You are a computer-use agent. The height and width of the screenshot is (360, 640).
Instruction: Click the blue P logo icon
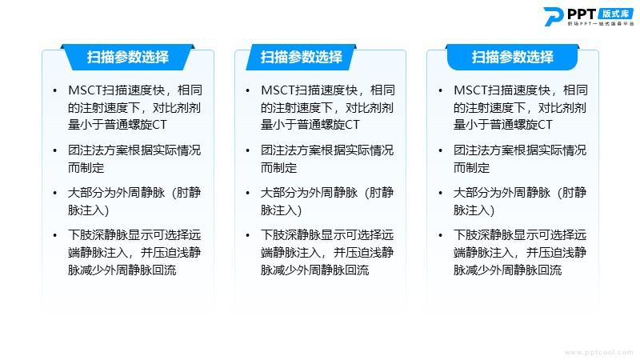pos(553,16)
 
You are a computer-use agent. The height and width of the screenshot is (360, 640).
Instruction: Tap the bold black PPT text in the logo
pos(582,14)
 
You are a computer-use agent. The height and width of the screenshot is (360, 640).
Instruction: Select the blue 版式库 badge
pos(616,14)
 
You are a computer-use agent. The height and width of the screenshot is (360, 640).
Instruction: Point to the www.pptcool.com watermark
pos(598,352)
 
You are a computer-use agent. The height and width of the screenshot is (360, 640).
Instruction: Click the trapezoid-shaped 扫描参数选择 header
pos(128,57)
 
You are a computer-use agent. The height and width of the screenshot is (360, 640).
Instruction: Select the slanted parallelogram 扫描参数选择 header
pos(302,57)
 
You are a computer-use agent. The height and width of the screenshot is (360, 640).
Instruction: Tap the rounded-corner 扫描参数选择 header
pos(513,57)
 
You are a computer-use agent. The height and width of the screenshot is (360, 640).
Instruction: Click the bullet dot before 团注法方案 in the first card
pos(55,150)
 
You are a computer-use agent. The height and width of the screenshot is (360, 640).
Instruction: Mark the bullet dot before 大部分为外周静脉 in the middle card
pos(248,193)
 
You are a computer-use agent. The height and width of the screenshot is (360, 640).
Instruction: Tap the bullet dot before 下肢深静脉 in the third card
pos(441,235)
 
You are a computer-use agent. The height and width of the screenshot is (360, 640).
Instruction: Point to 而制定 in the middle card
pos(278,168)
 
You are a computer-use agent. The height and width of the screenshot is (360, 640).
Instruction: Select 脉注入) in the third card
pos(474,210)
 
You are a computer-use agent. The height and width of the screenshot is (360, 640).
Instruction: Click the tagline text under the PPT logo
pos(601,24)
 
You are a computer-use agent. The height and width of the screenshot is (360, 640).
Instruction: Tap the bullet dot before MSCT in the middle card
pos(248,90)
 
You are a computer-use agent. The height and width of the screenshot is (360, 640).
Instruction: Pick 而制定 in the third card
pos(471,168)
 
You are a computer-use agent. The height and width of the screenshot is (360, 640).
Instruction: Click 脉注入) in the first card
pos(89,210)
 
